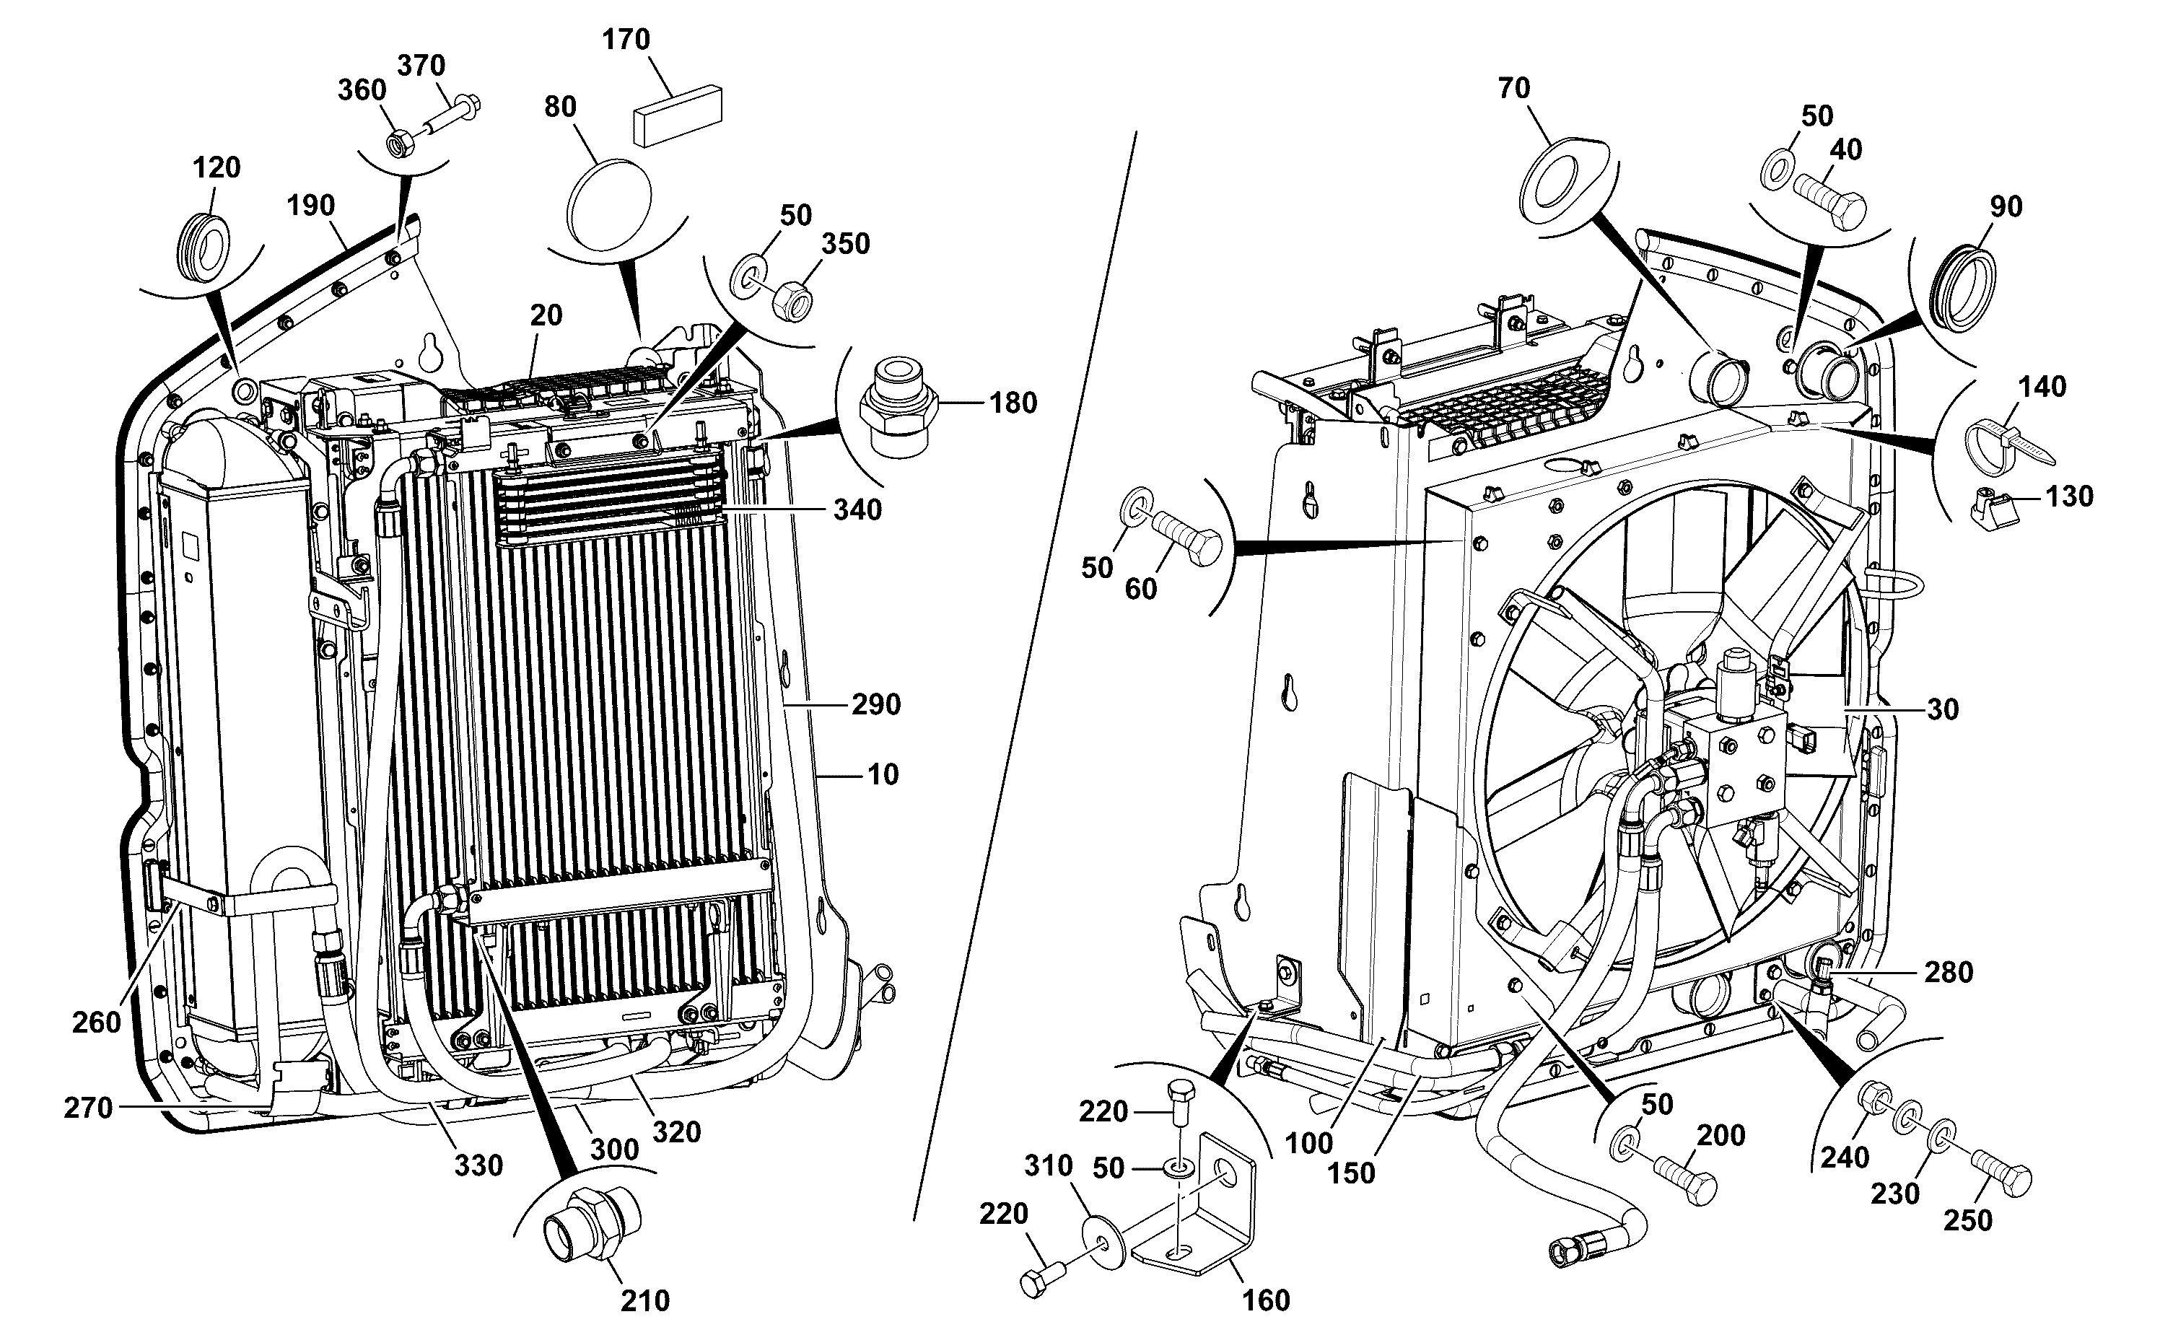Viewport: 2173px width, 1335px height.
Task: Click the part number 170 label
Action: [x=626, y=40]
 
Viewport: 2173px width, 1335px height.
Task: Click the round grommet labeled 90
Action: [x=1963, y=291]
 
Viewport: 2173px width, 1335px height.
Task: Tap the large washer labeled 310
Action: [x=1103, y=1243]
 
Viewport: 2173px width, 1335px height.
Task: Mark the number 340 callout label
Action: [x=858, y=510]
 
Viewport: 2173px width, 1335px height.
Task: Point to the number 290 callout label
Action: [x=876, y=704]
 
